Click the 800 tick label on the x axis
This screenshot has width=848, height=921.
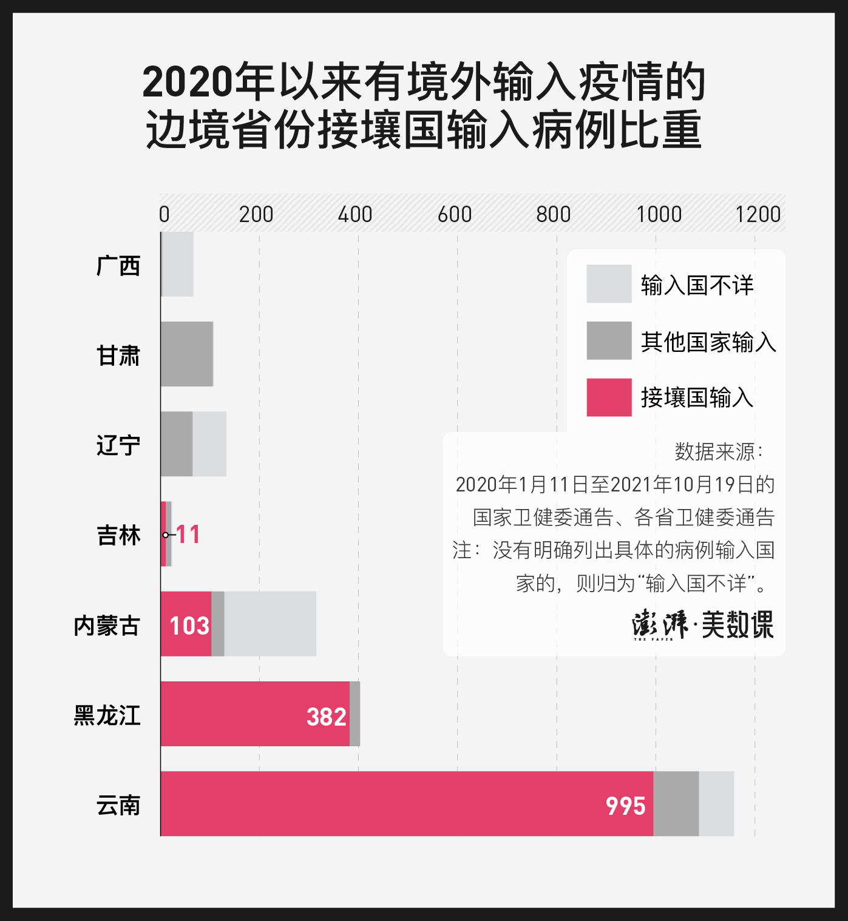[553, 214]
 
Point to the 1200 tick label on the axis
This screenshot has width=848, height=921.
[758, 214]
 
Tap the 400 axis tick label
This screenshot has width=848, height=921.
[355, 214]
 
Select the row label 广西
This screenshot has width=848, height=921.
[118, 266]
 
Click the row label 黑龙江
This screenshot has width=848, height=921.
[107, 715]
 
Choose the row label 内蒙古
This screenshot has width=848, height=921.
[107, 626]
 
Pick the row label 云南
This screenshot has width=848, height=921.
[118, 805]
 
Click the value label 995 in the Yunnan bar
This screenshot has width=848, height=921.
[625, 806]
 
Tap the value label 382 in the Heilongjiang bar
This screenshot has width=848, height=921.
[327, 717]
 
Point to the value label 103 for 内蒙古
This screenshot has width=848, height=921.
[189, 626]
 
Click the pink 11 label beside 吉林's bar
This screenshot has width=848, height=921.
[188, 535]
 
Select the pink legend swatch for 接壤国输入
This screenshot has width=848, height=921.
[609, 397]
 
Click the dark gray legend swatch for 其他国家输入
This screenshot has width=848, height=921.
[609, 340]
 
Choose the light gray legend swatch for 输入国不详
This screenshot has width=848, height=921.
[609, 283]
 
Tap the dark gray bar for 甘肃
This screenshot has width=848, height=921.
[187, 354]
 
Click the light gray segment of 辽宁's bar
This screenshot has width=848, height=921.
[209, 444]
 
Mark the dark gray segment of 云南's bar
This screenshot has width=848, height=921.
[676, 804]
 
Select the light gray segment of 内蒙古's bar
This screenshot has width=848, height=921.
[270, 624]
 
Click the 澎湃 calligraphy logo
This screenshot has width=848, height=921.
[660, 624]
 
